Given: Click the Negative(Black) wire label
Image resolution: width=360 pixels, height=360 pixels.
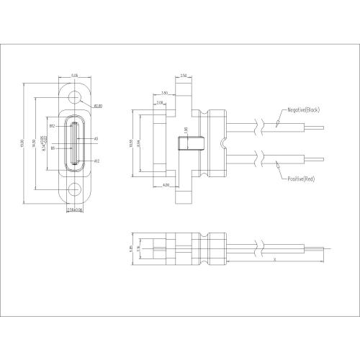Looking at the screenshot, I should tap(302, 109).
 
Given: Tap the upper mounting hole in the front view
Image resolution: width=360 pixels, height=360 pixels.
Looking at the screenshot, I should tap(74, 95).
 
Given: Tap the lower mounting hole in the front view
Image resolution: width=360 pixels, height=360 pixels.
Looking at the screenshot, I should tap(74, 191).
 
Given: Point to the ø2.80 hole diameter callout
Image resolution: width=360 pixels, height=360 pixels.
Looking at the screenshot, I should tap(97, 106).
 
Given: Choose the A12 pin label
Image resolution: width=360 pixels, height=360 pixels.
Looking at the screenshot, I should tap(97, 161).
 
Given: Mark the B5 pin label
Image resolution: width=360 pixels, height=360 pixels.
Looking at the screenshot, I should tap(53, 150).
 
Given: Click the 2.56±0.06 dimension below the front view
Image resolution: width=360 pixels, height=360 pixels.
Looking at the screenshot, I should tap(74, 210).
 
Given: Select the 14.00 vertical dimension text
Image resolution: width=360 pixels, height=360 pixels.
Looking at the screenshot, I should tap(37, 143).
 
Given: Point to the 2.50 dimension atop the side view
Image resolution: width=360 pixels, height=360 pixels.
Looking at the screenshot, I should tap(184, 75).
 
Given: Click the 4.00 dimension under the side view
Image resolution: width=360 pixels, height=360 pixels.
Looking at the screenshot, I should tap(166, 185).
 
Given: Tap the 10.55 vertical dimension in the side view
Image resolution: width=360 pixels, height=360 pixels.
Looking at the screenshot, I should tap(132, 143).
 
